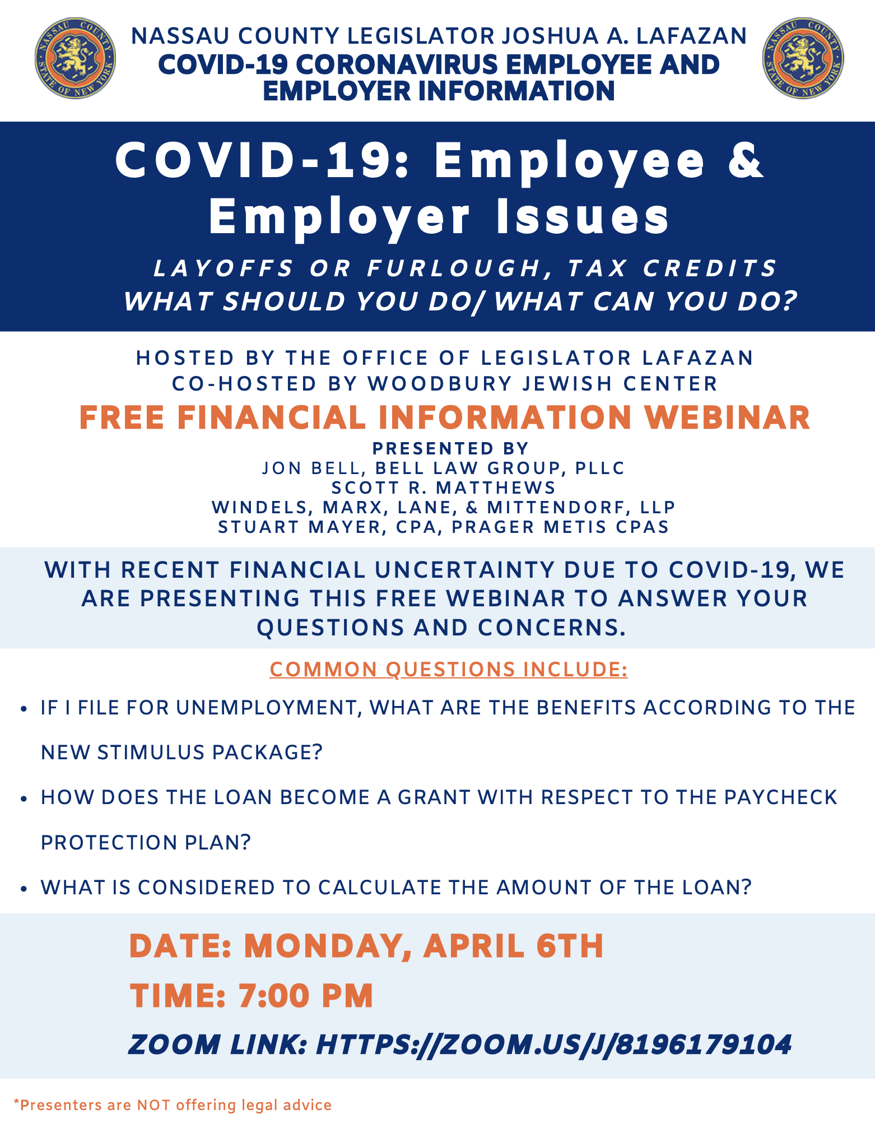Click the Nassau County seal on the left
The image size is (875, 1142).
coord(75,58)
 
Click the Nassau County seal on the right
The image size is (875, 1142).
coord(803,58)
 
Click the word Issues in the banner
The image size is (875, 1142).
coord(583,217)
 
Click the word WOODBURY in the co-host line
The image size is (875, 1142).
coord(439,384)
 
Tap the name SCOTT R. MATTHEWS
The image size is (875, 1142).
coord(444,488)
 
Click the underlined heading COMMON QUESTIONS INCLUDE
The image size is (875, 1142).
coord(449,670)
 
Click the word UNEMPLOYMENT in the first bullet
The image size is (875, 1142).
coord(267,708)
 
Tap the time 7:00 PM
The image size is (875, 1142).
coord(306,996)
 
